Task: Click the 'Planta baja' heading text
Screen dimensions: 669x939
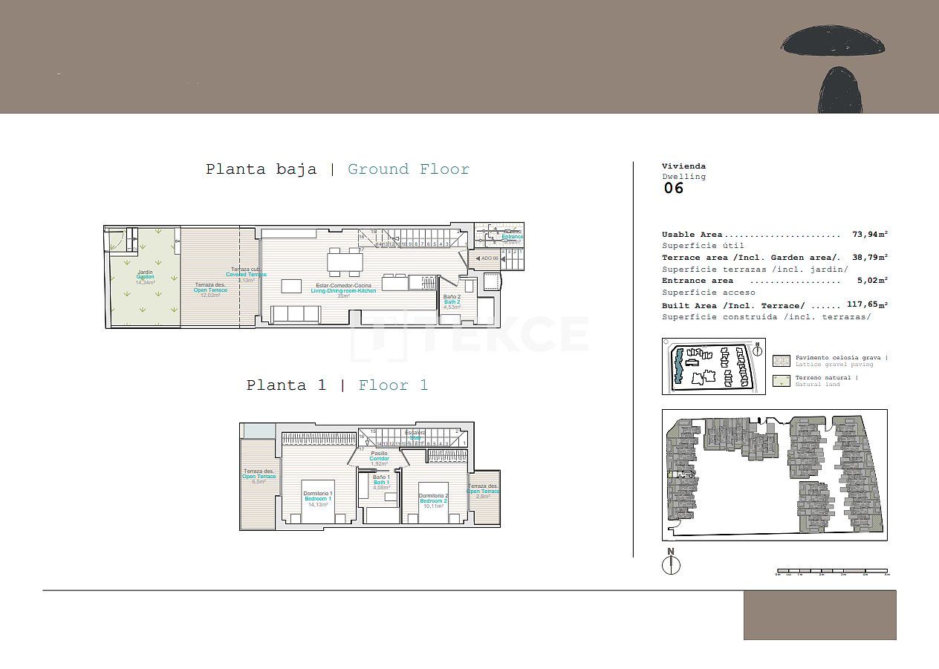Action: point(261,169)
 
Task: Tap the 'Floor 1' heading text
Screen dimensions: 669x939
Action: point(393,385)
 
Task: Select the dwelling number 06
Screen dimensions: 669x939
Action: point(673,188)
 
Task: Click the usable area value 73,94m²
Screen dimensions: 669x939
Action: point(870,234)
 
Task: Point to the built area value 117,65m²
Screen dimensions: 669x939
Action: point(867,304)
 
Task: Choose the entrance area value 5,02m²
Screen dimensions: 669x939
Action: point(872,281)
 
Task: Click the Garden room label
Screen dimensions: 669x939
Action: point(145,277)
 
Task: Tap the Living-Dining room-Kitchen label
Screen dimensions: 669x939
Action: point(343,290)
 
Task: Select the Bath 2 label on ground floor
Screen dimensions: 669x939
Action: point(452,302)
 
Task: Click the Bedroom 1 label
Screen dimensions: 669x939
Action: point(318,499)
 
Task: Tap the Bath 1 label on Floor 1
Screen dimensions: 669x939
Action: point(381,483)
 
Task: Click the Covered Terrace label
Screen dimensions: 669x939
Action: point(246,275)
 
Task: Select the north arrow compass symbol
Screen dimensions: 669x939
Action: point(671,564)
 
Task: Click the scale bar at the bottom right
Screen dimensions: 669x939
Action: point(832,572)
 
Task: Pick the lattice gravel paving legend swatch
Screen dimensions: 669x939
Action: point(782,361)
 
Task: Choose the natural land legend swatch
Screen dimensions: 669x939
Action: point(782,381)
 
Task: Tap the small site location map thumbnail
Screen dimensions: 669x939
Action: point(713,366)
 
